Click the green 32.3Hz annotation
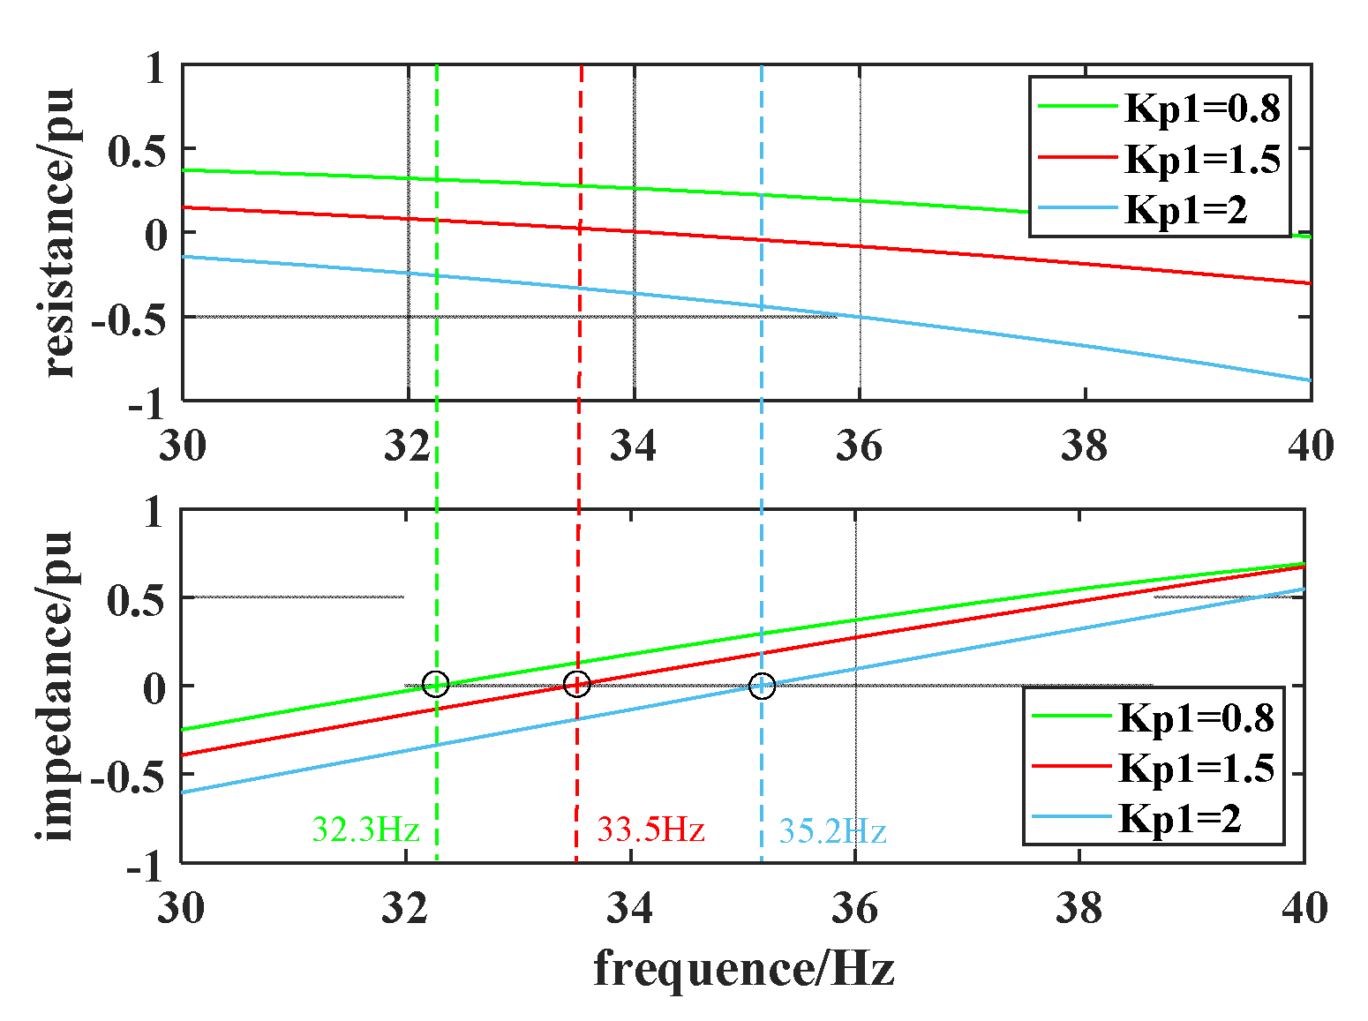(x=365, y=830)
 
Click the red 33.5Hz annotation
(x=650, y=830)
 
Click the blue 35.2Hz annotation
(x=831, y=831)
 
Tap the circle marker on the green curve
(x=436, y=684)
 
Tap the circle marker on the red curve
(x=576, y=684)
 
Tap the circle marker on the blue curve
(x=762, y=686)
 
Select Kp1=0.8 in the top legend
(x=1201, y=109)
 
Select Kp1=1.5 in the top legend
(x=1201, y=160)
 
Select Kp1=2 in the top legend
(x=1185, y=210)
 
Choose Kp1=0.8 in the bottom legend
(x=1196, y=718)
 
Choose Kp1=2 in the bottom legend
(x=1180, y=819)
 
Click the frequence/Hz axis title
(x=743, y=969)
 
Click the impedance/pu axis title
(x=56, y=686)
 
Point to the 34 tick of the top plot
(x=633, y=447)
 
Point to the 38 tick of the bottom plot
(x=1079, y=908)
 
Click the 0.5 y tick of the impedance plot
(x=135, y=601)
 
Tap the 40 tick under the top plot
(x=1310, y=447)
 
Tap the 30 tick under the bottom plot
(x=181, y=908)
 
